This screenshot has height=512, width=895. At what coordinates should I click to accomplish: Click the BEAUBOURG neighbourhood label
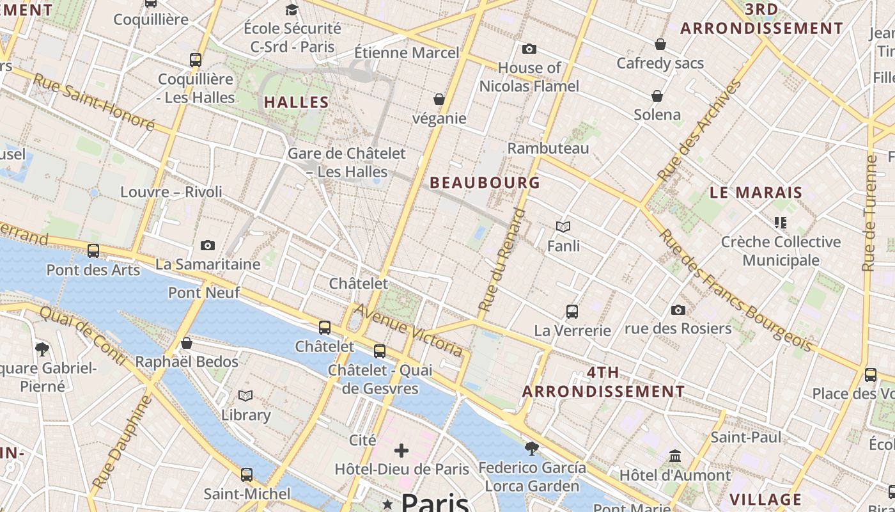(485, 182)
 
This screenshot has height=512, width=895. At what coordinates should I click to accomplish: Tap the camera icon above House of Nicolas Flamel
(529, 49)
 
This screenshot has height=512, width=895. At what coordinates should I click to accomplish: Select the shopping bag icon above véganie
(439, 99)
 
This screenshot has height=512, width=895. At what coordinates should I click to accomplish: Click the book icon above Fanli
(563, 227)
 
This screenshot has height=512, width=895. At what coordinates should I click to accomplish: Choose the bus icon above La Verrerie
(572, 312)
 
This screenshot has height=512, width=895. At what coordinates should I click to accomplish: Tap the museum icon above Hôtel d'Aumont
(675, 456)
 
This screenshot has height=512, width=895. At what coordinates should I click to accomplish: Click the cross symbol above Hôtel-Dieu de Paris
(401, 451)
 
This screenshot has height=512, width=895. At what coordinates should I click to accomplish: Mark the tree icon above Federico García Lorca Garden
(531, 448)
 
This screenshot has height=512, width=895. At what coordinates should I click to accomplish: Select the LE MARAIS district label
(756, 192)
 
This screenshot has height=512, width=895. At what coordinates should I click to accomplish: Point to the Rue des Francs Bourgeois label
(735, 291)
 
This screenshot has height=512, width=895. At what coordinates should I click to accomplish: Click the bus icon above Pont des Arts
(93, 251)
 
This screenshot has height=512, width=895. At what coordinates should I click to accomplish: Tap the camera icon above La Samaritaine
(208, 245)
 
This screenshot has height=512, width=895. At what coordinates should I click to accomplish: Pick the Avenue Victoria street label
(409, 330)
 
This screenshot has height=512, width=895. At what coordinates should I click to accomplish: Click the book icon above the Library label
(245, 396)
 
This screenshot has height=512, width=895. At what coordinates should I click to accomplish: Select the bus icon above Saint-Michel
(247, 475)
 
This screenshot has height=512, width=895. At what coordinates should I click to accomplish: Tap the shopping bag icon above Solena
(657, 96)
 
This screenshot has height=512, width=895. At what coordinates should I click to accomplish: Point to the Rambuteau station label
(548, 148)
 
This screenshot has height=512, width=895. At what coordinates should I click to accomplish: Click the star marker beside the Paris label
(387, 505)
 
